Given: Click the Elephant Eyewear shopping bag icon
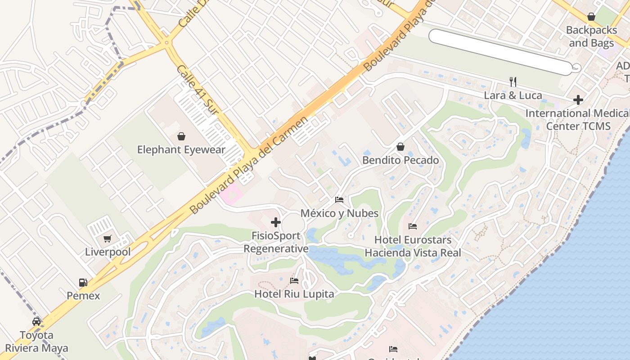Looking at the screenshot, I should click(x=181, y=136).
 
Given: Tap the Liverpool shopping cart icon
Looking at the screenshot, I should click(x=107, y=238).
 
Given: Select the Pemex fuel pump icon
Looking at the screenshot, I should click(x=83, y=283).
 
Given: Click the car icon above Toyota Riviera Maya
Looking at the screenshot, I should click(x=36, y=322).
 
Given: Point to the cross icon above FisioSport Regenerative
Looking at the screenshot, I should click(x=276, y=222).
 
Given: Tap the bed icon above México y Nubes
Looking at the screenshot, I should click(x=339, y=199).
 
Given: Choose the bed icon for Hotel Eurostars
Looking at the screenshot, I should click(x=413, y=226).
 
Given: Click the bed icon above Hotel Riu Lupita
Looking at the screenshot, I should click(x=294, y=281).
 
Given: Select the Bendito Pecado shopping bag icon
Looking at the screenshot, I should click(x=400, y=147).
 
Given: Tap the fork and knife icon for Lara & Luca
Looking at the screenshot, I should click(x=513, y=81).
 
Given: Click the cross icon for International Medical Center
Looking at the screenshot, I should click(x=578, y=99).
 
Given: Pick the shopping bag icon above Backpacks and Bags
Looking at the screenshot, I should click(x=591, y=17).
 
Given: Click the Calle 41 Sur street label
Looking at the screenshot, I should click(x=198, y=90).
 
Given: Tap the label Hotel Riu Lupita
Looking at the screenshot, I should click(x=294, y=294).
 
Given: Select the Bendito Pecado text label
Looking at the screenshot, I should click(x=400, y=160).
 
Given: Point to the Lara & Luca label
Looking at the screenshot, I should click(x=513, y=95).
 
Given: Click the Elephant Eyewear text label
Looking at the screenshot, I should click(x=181, y=150).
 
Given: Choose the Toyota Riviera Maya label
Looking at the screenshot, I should click(x=36, y=342).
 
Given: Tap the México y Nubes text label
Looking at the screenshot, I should click(x=339, y=213).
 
